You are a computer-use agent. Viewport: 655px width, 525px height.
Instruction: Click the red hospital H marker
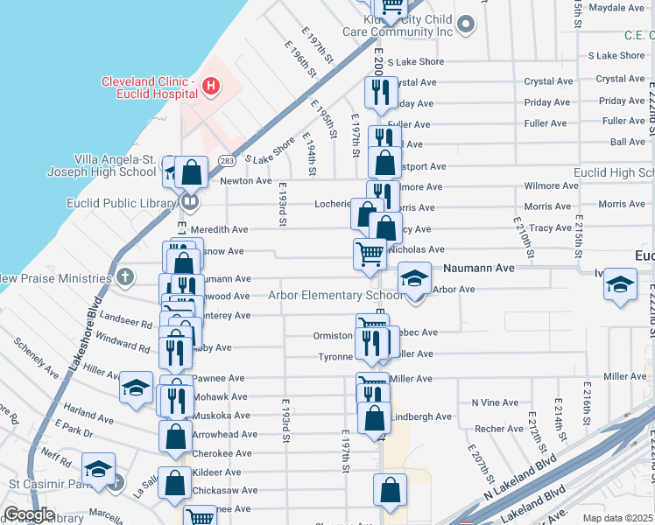[x=210, y=86]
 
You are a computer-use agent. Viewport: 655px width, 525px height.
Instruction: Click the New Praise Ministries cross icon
[x=124, y=278]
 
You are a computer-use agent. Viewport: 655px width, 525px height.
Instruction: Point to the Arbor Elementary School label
[x=335, y=295]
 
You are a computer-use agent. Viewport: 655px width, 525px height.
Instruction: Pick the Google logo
[x=28, y=514]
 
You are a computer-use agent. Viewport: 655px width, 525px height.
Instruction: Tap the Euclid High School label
[x=613, y=173]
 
